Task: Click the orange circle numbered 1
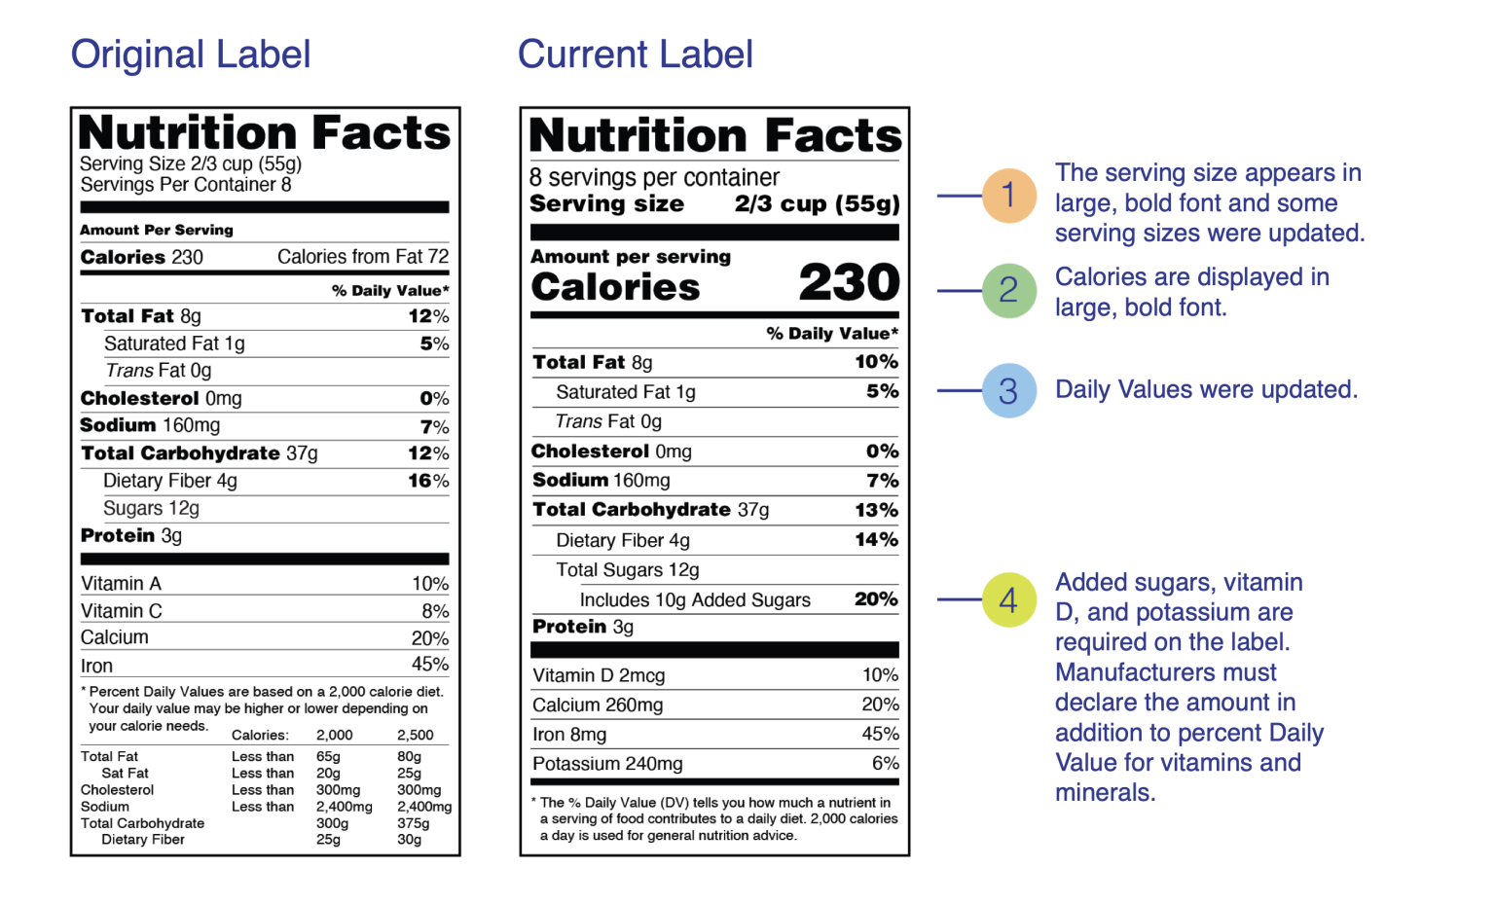click(1008, 196)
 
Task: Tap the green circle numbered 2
click(1008, 291)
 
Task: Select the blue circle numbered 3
click(1008, 390)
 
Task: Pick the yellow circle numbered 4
click(1008, 599)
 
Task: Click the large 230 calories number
click(849, 281)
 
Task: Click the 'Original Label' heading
click(191, 54)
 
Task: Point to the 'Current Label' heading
click(636, 54)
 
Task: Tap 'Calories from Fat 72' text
click(363, 257)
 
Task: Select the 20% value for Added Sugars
click(876, 599)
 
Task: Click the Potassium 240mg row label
click(607, 763)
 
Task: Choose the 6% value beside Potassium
click(886, 763)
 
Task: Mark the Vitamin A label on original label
click(121, 584)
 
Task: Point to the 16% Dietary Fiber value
click(428, 481)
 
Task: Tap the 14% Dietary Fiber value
click(877, 540)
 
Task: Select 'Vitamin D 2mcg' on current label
click(599, 675)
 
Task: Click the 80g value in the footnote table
click(409, 756)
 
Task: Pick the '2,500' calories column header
click(416, 736)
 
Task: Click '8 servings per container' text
click(654, 177)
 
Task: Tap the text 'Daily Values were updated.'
click(1206, 389)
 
